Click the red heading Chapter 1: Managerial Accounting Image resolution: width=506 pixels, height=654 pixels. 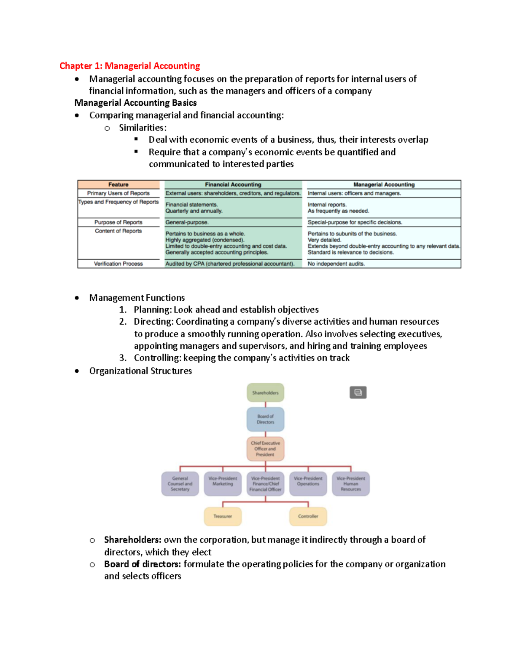(x=129, y=66)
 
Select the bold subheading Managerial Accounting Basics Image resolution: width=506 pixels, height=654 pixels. (x=135, y=103)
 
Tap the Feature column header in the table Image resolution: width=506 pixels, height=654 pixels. (x=118, y=184)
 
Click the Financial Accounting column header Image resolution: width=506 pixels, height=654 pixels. (x=233, y=184)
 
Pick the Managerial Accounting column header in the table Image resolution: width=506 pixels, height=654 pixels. (x=384, y=184)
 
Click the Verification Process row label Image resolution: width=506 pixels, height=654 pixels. (x=118, y=264)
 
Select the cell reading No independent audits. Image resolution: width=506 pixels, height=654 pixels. (x=336, y=264)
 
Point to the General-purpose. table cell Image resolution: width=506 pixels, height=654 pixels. (x=187, y=222)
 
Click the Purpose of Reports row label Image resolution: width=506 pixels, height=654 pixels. (x=118, y=222)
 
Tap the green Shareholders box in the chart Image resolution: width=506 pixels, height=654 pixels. (x=265, y=392)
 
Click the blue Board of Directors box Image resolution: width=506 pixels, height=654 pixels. (x=265, y=419)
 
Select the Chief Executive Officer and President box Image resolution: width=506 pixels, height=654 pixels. (x=265, y=449)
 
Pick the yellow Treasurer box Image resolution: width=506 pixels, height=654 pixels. (x=223, y=516)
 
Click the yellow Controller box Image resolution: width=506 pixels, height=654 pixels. (x=308, y=516)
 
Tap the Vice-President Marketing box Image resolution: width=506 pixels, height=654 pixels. (x=223, y=483)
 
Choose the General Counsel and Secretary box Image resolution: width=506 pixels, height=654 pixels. (x=180, y=483)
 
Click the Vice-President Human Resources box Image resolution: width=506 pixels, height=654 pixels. (x=351, y=483)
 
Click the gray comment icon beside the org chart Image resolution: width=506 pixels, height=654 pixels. (x=358, y=392)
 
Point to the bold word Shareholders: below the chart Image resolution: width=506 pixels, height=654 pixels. (x=132, y=540)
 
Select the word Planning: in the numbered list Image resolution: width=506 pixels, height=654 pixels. (x=152, y=310)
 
